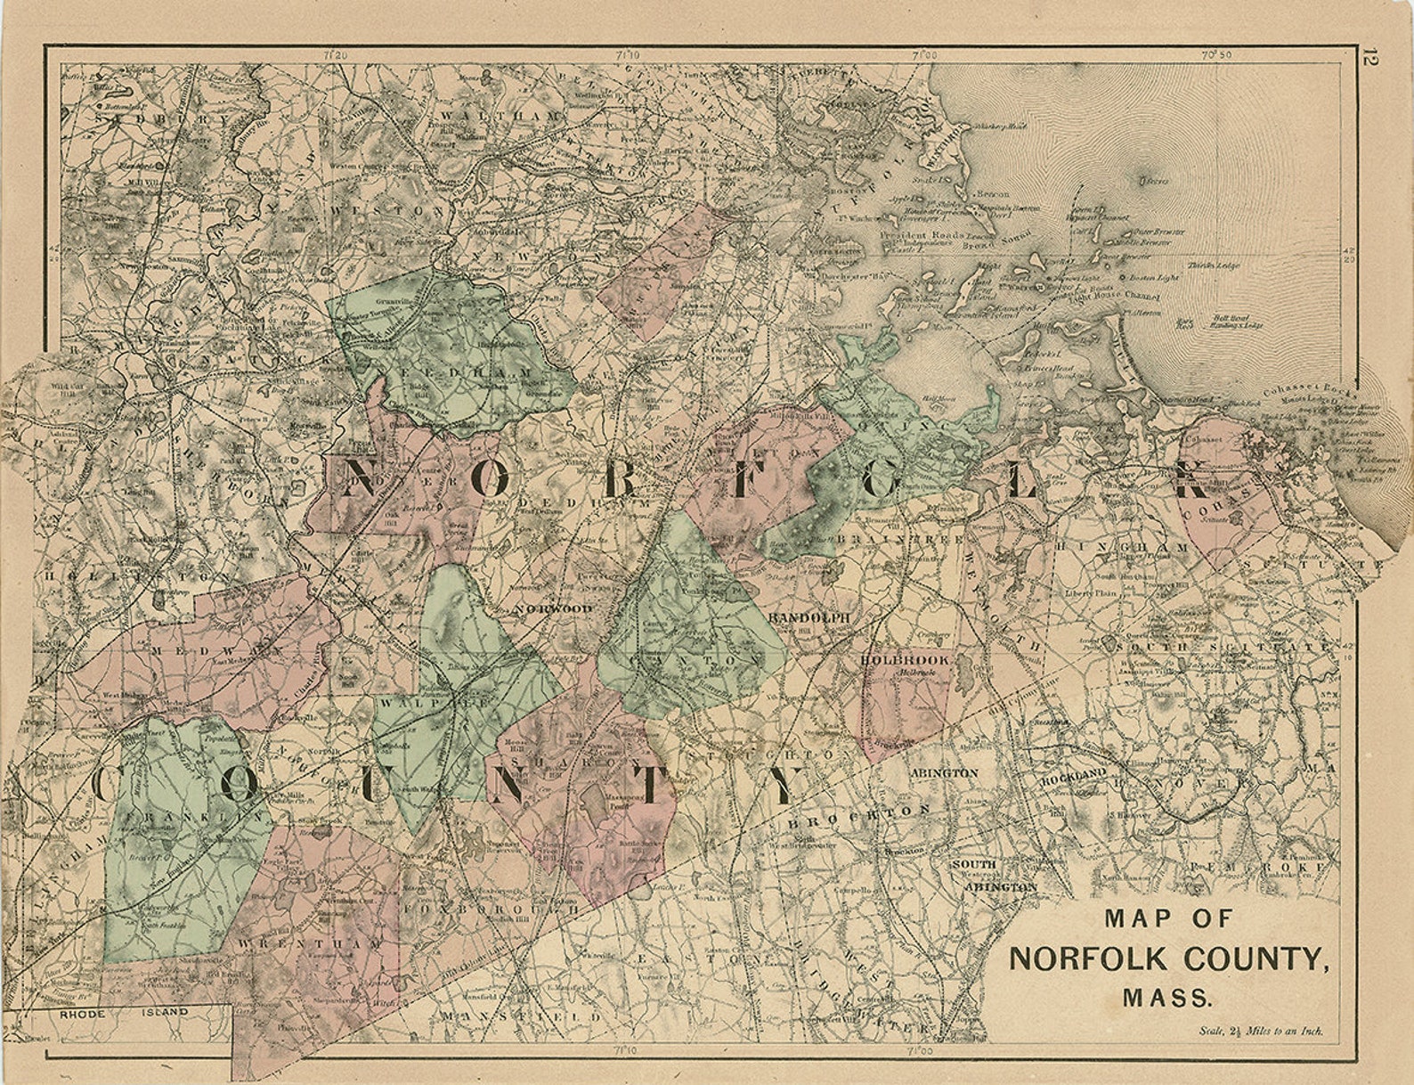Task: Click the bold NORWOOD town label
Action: [553, 608]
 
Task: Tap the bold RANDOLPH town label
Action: [809, 617]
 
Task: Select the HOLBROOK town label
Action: [905, 660]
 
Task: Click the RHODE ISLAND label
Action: [125, 1013]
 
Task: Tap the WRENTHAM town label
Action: [308, 942]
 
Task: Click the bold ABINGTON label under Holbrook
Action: [944, 773]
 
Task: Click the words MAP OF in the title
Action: [1168, 918]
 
